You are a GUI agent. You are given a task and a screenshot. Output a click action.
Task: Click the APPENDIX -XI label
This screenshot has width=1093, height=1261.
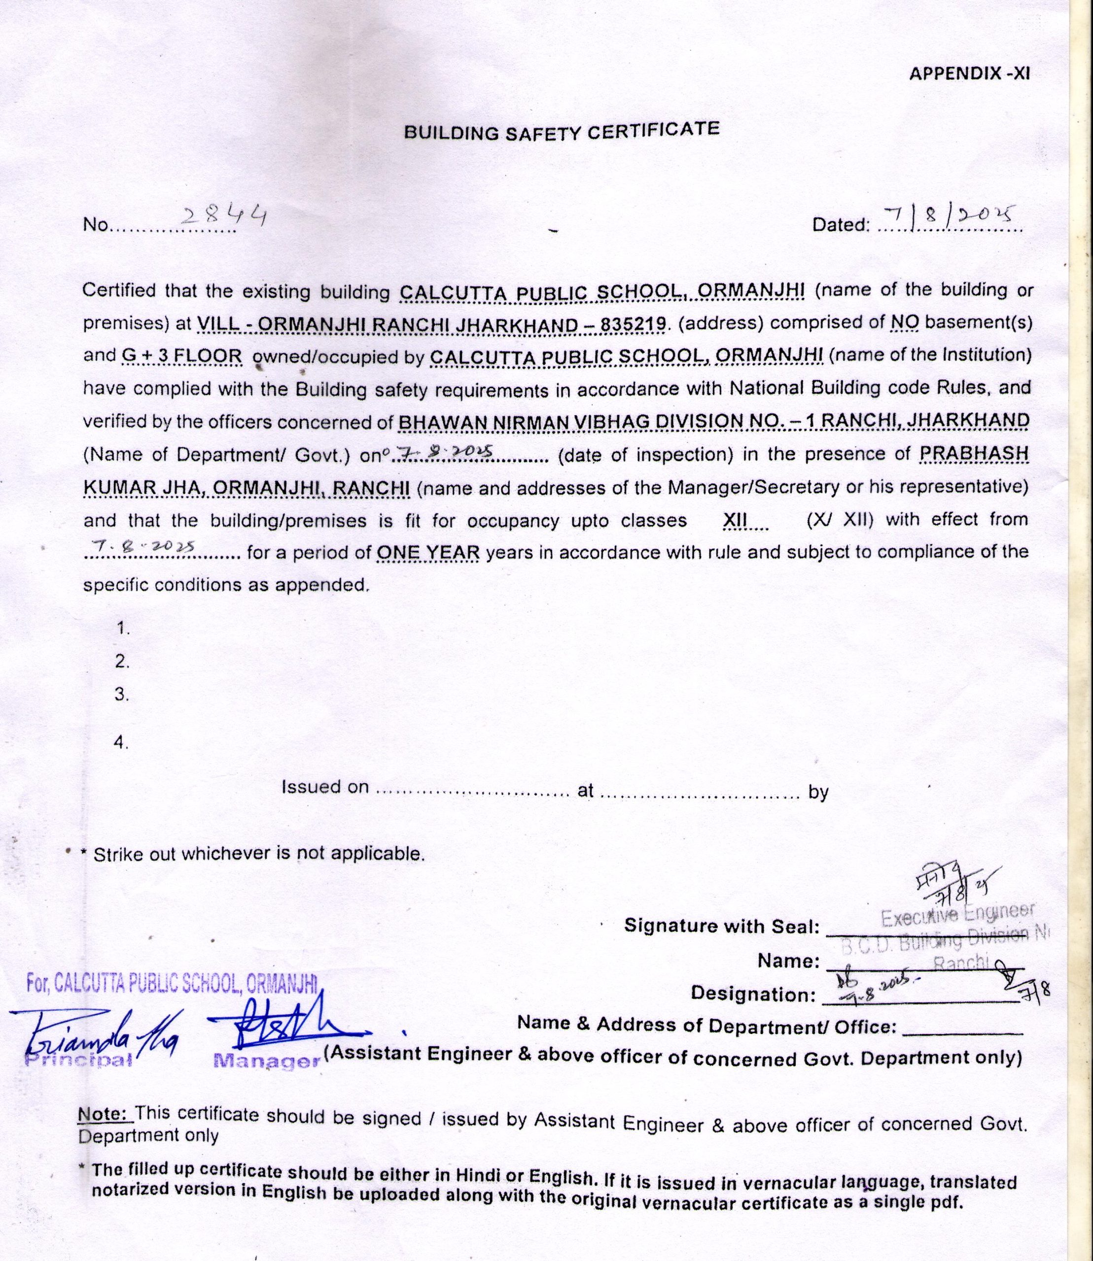coord(969,74)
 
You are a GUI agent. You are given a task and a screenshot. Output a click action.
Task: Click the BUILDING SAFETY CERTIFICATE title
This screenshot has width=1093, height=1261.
coord(562,131)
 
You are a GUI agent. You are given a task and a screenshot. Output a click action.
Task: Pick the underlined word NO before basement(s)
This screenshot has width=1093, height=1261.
coord(905,322)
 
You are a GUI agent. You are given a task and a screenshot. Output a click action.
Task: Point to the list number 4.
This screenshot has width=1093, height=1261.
coord(121,743)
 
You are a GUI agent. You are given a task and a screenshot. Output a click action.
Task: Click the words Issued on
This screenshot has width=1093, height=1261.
coord(325,787)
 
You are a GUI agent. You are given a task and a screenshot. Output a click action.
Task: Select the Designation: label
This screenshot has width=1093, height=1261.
coord(753,995)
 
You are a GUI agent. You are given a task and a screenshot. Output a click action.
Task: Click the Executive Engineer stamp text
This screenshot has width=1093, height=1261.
coord(957,916)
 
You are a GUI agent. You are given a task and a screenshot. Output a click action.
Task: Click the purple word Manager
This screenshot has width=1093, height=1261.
coord(267,1061)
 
